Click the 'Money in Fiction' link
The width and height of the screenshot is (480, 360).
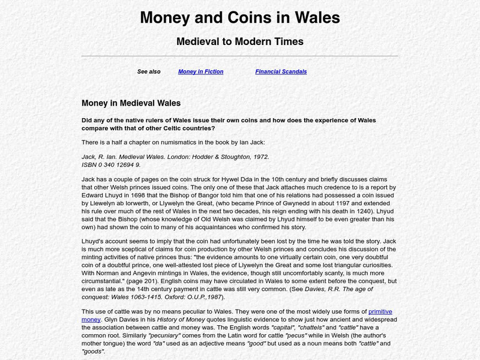(200, 71)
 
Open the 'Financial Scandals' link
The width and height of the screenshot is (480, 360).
(281, 71)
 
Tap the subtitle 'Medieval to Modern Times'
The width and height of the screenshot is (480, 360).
(239, 41)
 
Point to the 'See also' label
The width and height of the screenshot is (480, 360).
(149, 71)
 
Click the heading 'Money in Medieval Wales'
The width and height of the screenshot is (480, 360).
(131, 103)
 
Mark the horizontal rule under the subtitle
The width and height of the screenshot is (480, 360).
(239, 56)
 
